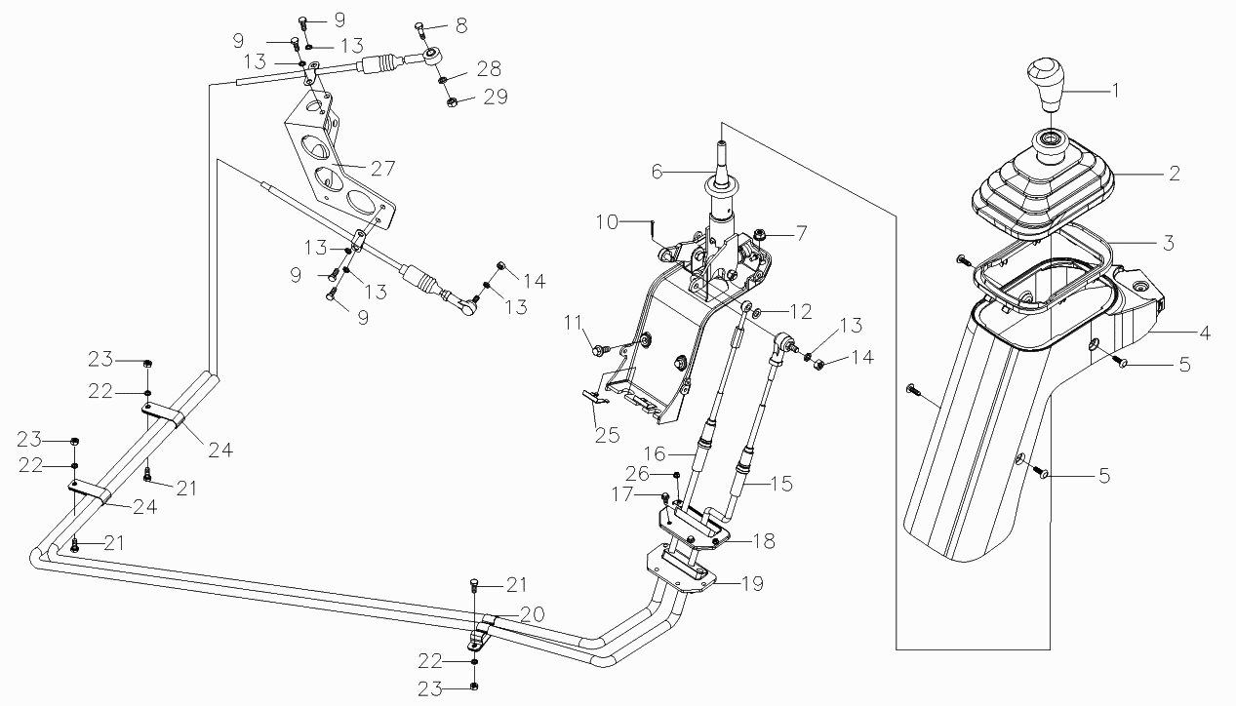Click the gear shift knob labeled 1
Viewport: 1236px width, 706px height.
pyautogui.click(x=1047, y=85)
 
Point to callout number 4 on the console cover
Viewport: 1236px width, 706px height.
pyautogui.click(x=1205, y=333)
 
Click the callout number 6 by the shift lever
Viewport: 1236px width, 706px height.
pyautogui.click(x=657, y=171)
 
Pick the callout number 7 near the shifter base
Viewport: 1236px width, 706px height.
pyautogui.click(x=801, y=233)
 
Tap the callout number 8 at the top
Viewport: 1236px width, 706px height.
pyautogui.click(x=461, y=22)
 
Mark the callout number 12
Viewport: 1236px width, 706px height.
pyautogui.click(x=801, y=312)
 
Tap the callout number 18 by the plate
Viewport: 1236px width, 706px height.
pyautogui.click(x=764, y=541)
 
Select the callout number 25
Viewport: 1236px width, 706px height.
pyautogui.click(x=608, y=435)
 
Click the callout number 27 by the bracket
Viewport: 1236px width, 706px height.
pyautogui.click(x=381, y=168)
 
